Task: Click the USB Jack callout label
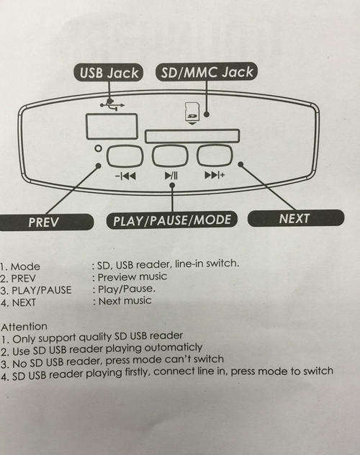tap(109, 73)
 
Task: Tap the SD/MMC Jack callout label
tap(207, 72)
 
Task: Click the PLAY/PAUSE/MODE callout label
tap(172, 220)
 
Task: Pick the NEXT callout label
tap(296, 218)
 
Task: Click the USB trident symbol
tap(112, 105)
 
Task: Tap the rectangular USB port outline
tap(112, 126)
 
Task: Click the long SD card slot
tap(192, 136)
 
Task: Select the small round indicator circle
tap(99, 148)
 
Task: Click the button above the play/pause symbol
tap(170, 156)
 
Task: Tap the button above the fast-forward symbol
tap(215, 156)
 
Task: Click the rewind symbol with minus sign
tap(125, 176)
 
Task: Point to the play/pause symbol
tap(171, 176)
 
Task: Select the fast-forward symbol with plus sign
tap(215, 175)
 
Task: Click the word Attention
tap(24, 327)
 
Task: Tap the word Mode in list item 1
tap(25, 266)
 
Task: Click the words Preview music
tap(132, 277)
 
